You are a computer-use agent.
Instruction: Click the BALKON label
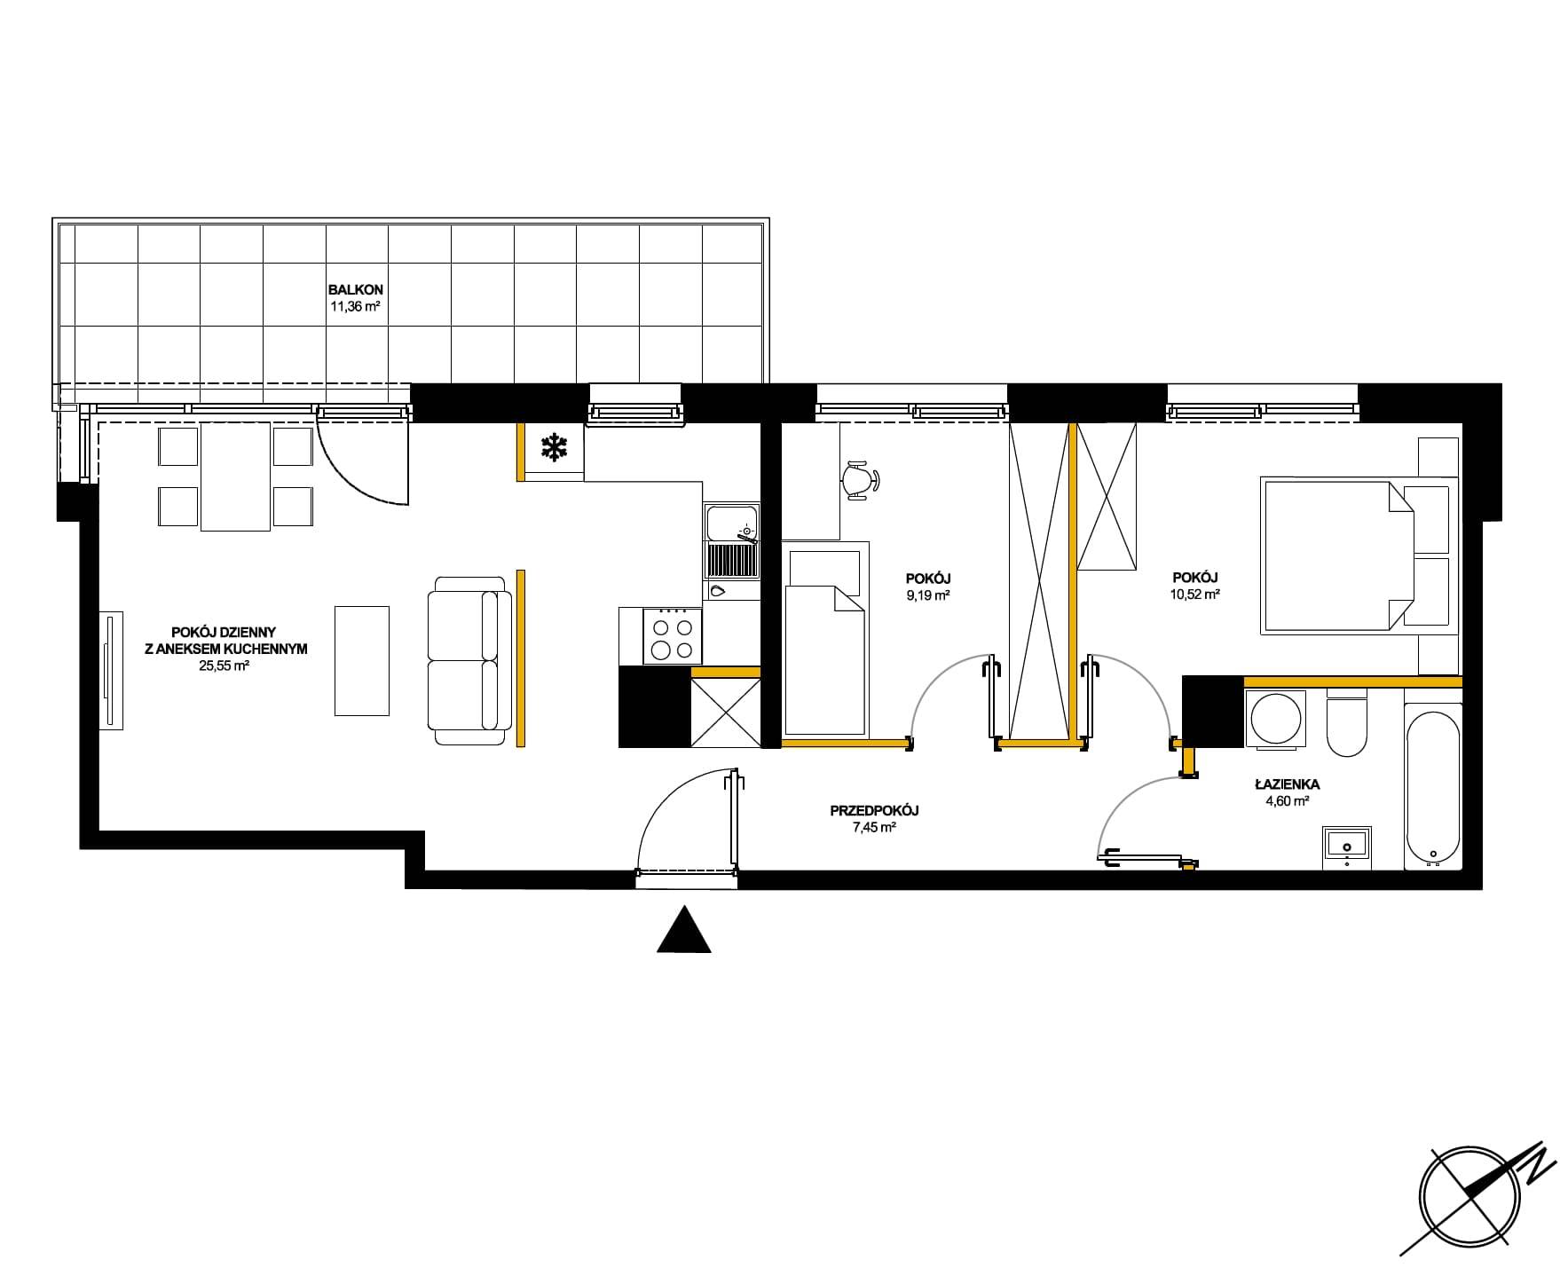point(355,290)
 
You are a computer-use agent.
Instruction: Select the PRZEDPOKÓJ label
point(874,810)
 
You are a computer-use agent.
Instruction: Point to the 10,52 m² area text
point(1194,595)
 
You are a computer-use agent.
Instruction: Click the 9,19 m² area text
point(928,595)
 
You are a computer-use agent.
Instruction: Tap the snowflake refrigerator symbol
point(555,448)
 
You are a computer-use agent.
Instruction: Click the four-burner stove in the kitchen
point(673,635)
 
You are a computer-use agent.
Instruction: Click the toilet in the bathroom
point(1347,722)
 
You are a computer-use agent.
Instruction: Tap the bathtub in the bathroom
point(1433,785)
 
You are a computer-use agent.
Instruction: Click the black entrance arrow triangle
point(684,929)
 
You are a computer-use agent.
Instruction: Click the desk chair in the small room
point(860,479)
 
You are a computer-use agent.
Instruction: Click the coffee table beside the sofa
point(362,660)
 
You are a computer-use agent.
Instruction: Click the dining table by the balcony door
point(235,477)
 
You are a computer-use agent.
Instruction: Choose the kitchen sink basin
point(732,522)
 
